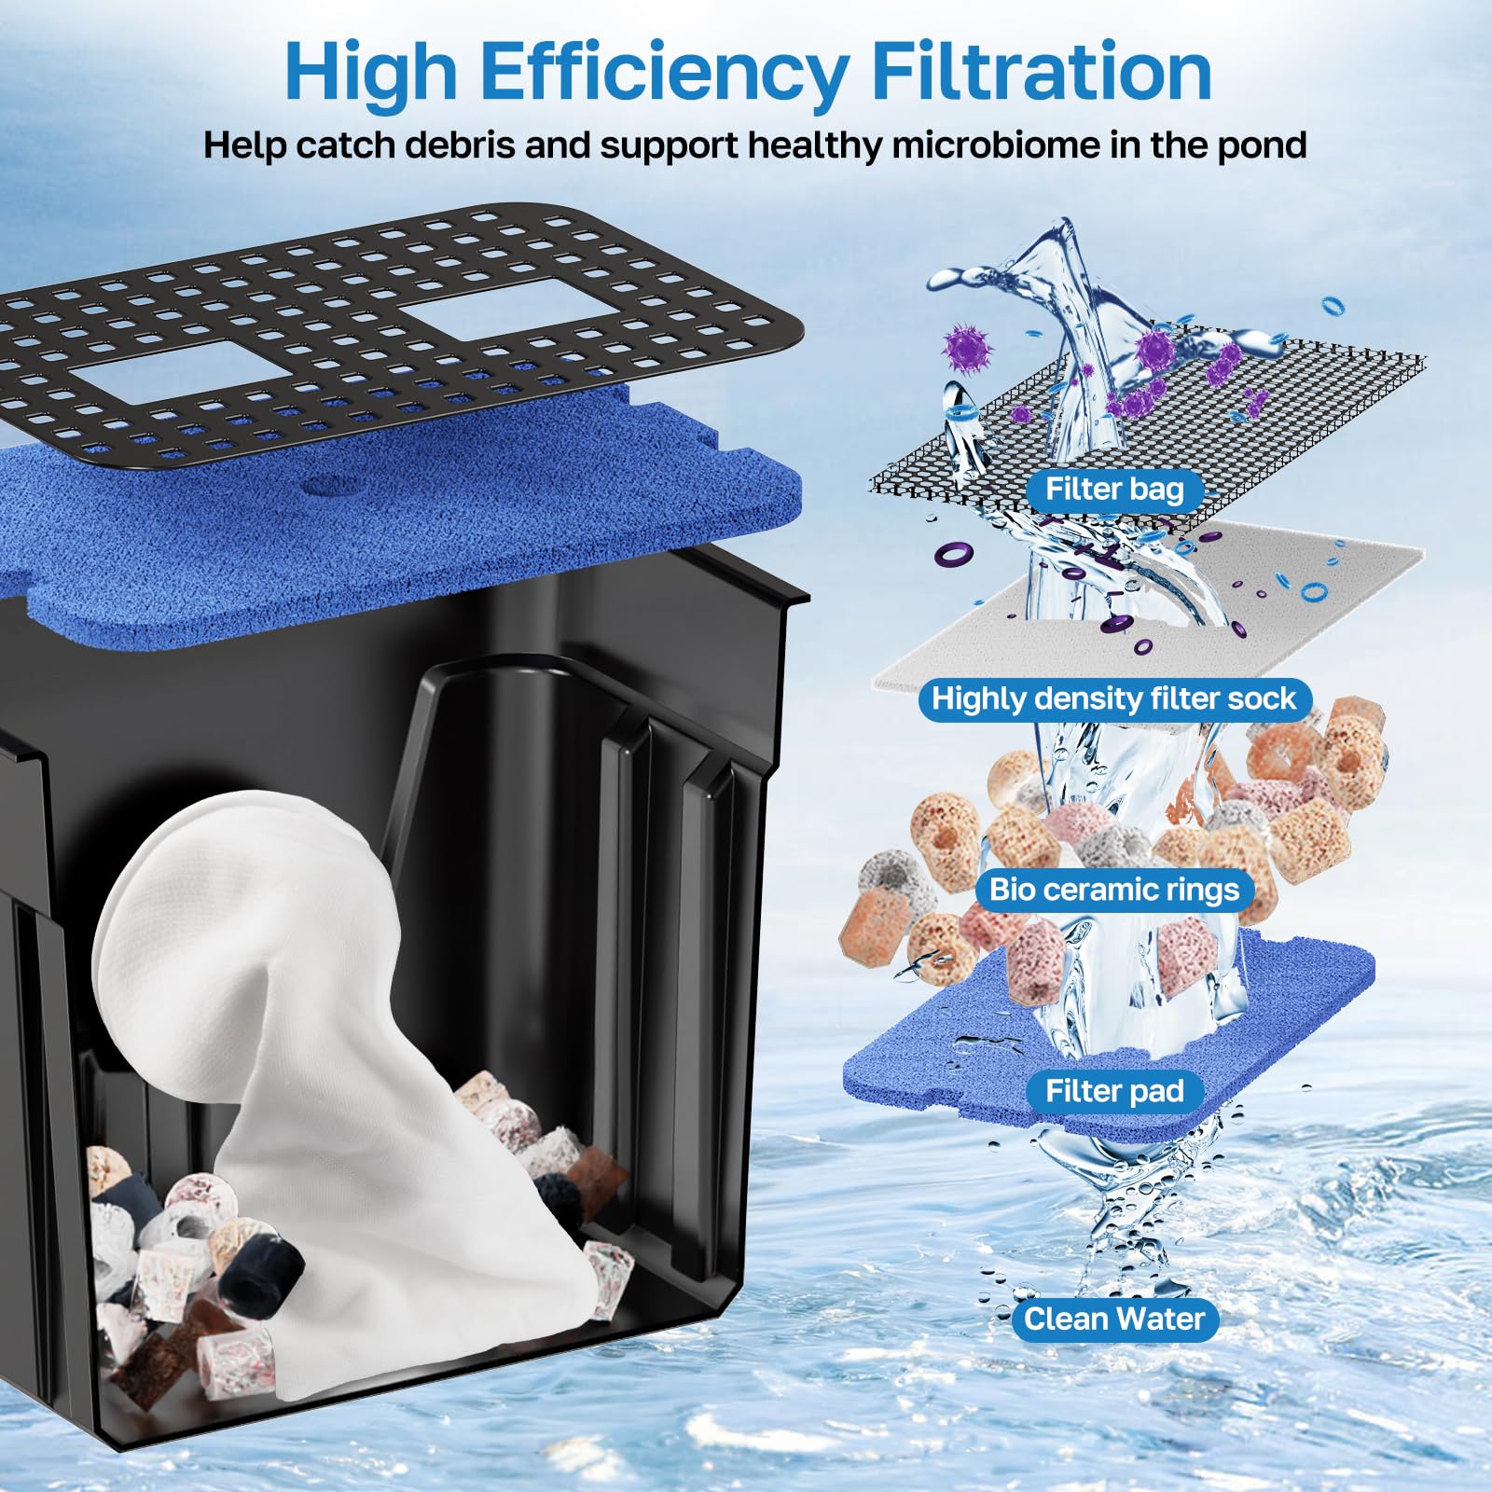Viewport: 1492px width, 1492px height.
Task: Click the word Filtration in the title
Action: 1043,73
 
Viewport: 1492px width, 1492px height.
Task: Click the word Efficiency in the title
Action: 663,73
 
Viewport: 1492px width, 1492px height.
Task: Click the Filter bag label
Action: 1113,490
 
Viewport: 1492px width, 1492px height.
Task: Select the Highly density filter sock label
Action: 1113,698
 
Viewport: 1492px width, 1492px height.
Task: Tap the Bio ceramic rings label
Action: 1113,889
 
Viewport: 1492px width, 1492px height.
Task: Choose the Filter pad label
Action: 1113,1090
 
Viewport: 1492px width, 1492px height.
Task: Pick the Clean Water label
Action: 1113,1319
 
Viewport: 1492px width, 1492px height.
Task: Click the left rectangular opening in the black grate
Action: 182,370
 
